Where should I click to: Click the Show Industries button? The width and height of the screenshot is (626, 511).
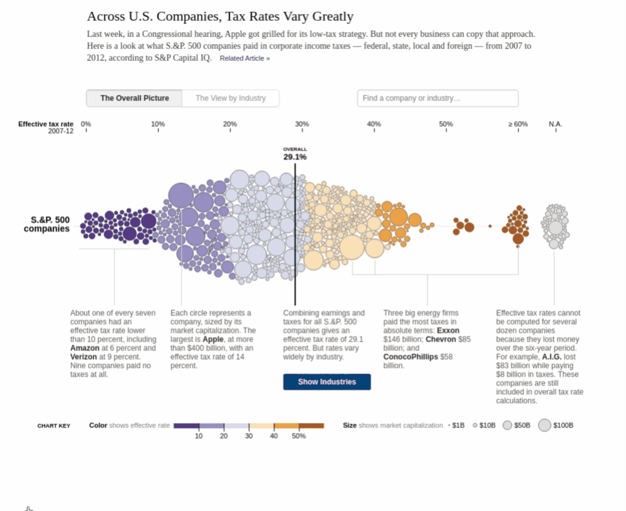tap(326, 381)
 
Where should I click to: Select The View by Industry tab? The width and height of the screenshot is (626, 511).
tap(231, 98)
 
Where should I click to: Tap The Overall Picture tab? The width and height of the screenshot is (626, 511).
tap(134, 98)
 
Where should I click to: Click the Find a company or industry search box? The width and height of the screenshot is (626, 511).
tap(437, 98)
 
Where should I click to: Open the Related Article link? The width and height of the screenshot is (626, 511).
tap(244, 58)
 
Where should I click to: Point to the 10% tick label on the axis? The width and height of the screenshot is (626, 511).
tap(158, 124)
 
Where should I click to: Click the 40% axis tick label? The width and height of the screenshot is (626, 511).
tap(374, 124)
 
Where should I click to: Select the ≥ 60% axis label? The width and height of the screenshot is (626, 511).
tap(518, 124)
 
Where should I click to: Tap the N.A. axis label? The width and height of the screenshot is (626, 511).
tap(555, 124)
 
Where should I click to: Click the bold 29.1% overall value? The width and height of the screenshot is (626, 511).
tap(295, 157)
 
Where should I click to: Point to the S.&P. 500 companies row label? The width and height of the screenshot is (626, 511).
tap(47, 224)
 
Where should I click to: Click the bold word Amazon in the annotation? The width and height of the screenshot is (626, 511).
tap(85, 348)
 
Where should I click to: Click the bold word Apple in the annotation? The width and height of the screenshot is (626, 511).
tap(212, 339)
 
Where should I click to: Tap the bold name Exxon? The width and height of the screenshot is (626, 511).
tap(448, 331)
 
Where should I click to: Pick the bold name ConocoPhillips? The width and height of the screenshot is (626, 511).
tap(410, 357)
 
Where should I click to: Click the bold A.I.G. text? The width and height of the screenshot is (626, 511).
tap(551, 357)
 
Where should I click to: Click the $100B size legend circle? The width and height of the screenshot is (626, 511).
tap(545, 425)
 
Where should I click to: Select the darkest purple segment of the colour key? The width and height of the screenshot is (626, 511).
tap(186, 426)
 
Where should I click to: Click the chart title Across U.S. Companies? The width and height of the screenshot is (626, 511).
tap(220, 16)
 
